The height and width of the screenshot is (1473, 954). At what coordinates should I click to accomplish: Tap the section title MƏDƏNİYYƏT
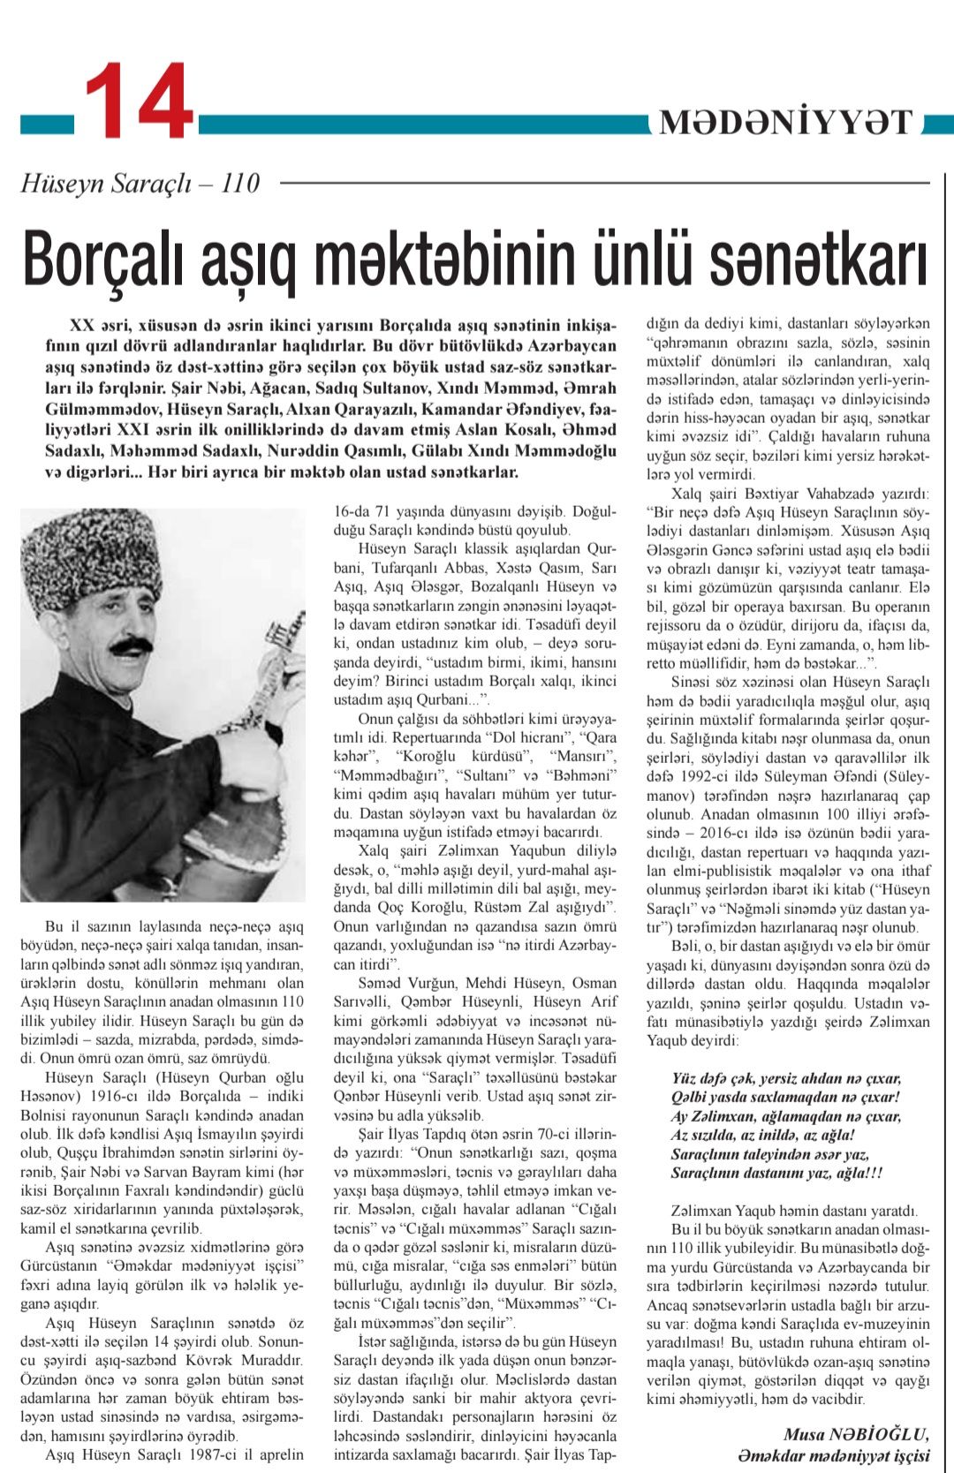click(785, 123)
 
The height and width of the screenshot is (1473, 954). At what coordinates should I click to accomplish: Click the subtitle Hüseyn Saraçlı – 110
click(140, 183)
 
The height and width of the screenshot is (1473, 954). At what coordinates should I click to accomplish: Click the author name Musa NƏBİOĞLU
click(855, 1434)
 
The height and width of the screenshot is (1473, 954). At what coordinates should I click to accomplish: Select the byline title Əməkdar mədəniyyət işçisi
click(833, 1455)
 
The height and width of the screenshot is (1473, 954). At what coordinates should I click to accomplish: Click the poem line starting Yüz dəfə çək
click(786, 1078)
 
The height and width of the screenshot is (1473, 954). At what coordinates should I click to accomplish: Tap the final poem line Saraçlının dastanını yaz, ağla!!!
click(776, 1173)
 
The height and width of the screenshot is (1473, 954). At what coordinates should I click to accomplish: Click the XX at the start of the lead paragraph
click(82, 324)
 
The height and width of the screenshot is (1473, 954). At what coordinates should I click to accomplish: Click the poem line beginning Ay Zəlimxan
click(786, 1116)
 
